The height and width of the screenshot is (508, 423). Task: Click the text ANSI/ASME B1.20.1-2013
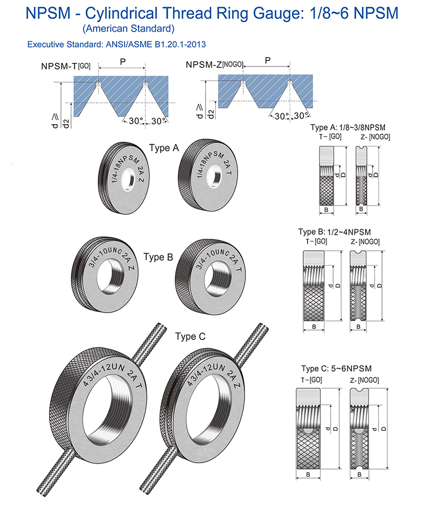155,44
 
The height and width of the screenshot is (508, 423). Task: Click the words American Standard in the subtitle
128,29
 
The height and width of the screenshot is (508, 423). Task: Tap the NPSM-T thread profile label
66,66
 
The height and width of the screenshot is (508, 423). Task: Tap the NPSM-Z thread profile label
214,65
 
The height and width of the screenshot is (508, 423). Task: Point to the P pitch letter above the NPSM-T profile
123,61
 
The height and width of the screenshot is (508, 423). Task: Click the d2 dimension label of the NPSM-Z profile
211,114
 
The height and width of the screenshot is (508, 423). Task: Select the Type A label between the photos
164,148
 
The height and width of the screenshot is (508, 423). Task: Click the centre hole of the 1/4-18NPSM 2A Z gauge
128,182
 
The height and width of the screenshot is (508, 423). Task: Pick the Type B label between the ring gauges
158,257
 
